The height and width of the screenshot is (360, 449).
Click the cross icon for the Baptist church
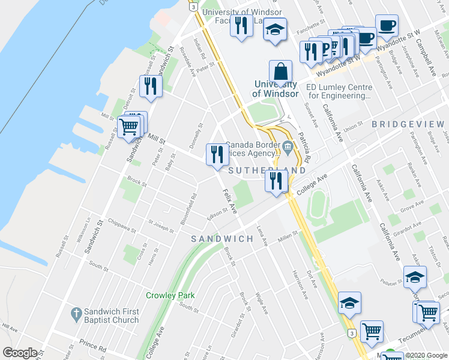[76, 313]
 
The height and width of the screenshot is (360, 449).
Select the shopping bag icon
[280, 73]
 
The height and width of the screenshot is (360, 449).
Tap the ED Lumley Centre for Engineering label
[339, 91]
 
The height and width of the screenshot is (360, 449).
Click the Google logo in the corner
[20, 353]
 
